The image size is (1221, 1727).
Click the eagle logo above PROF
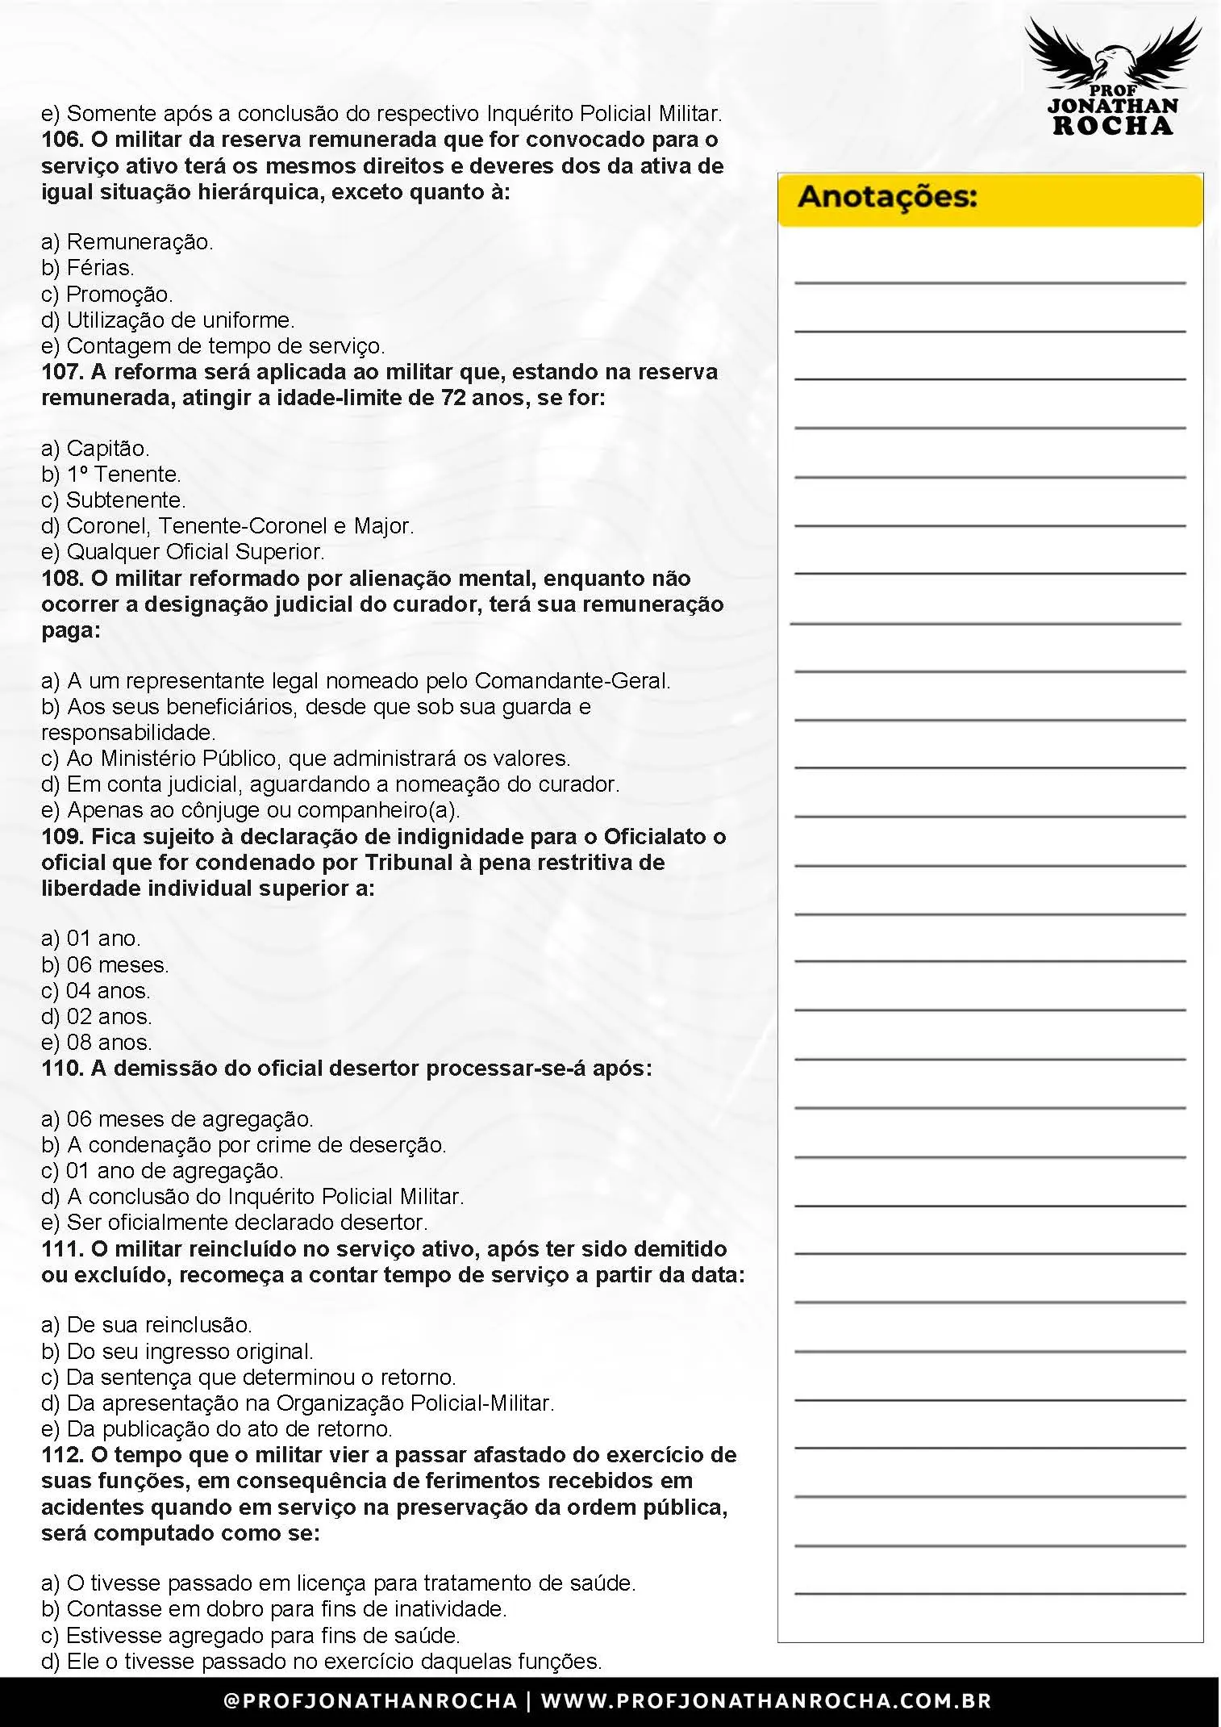point(1112,52)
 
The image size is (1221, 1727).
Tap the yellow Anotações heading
point(887,198)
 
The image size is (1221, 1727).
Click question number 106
point(62,140)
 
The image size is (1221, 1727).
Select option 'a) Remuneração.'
point(127,242)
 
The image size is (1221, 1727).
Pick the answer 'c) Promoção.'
point(107,295)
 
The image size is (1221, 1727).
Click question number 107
point(62,372)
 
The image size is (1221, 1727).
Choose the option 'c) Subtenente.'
point(113,500)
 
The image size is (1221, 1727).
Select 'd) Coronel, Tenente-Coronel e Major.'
point(227,526)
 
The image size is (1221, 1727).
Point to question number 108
point(62,579)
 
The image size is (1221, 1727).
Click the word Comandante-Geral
point(572,681)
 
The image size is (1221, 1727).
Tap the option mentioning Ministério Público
point(306,759)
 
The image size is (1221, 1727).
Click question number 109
point(62,837)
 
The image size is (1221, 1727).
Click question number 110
point(62,1068)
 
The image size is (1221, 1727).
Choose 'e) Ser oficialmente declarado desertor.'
point(234,1223)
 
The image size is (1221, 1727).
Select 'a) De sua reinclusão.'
point(147,1325)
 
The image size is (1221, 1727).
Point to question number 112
point(62,1455)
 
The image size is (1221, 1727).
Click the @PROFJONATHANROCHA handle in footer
point(370,1701)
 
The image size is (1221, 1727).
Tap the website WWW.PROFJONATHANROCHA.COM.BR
point(765,1701)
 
